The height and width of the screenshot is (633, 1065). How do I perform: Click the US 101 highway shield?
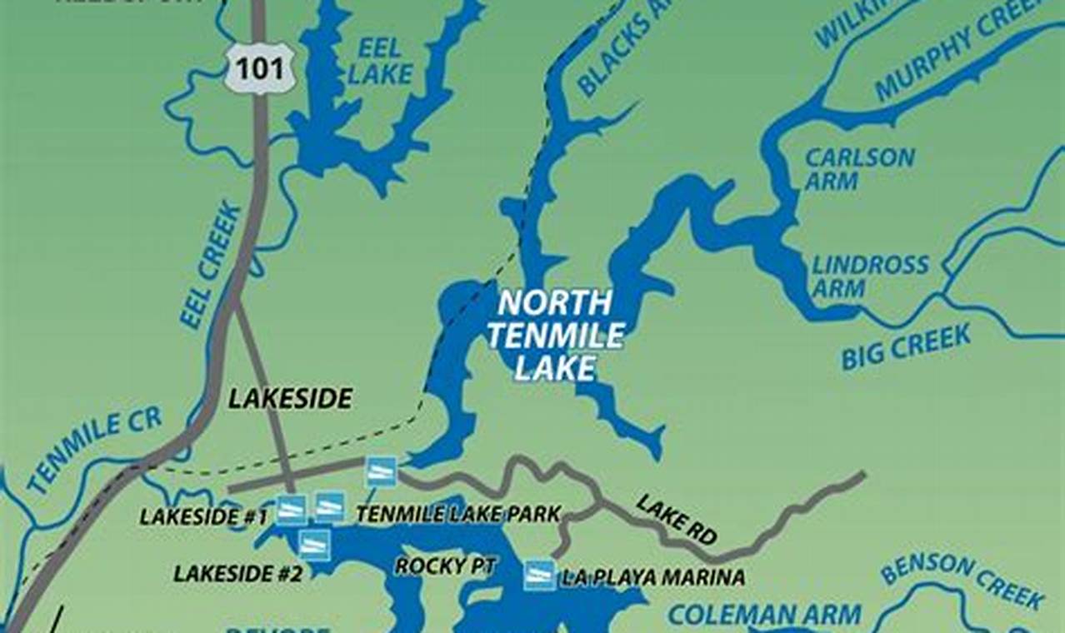tap(259, 68)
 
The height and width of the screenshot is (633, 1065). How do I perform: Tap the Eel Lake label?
tap(380, 60)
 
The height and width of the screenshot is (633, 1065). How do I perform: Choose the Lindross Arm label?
tap(870, 277)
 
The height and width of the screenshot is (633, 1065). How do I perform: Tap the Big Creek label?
tap(905, 347)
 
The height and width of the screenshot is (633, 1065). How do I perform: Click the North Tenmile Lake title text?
tap(555, 335)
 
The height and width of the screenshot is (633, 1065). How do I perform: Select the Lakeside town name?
tap(290, 399)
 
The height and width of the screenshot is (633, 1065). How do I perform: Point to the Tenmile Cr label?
tap(93, 450)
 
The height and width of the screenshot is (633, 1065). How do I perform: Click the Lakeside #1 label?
tap(203, 516)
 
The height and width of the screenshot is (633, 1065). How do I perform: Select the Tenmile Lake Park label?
tap(458, 515)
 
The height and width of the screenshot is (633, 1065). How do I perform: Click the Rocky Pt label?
tap(445, 566)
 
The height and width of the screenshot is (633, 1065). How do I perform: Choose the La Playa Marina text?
tap(652, 576)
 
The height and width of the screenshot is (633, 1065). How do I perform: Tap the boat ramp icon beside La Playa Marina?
tap(539, 575)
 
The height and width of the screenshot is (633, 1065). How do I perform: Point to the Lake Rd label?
tap(676, 519)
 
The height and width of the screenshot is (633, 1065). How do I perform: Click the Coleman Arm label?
tap(764, 616)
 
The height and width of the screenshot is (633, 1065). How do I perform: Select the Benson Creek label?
tap(962, 581)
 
